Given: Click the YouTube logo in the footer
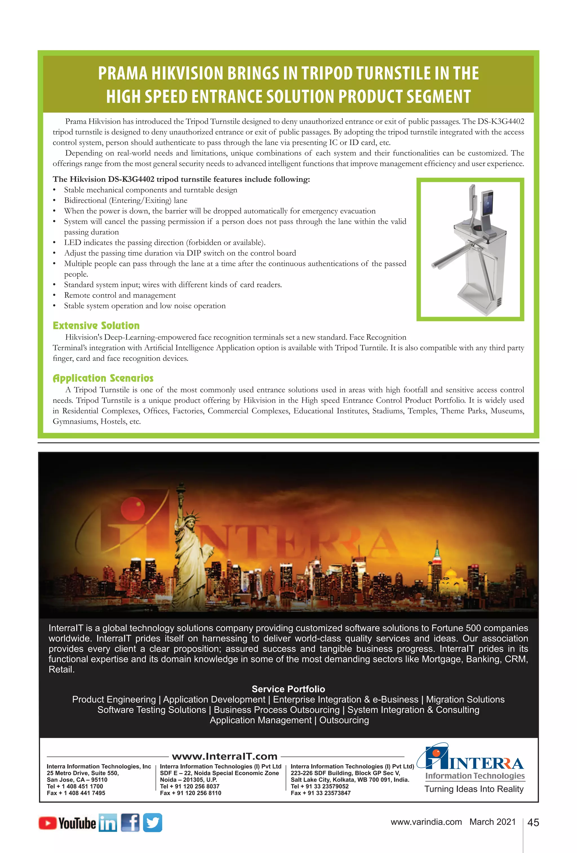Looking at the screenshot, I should [x=67, y=823].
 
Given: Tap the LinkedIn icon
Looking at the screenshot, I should [x=108, y=823].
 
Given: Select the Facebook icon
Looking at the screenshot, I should [x=130, y=823].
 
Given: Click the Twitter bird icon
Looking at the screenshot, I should [x=153, y=823].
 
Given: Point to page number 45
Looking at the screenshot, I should [x=533, y=823].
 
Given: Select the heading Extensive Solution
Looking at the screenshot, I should [x=96, y=326].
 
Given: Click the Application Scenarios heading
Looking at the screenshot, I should [x=103, y=378].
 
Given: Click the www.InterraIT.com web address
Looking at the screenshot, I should [x=225, y=756].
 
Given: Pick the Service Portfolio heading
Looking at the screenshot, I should [x=288, y=689].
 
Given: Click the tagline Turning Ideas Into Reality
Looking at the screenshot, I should [x=474, y=789].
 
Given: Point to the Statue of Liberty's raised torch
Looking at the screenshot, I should [x=180, y=488].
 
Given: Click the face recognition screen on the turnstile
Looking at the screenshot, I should [x=487, y=205].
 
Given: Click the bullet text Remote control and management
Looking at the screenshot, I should [x=120, y=295].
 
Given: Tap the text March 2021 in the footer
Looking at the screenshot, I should [x=492, y=822].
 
